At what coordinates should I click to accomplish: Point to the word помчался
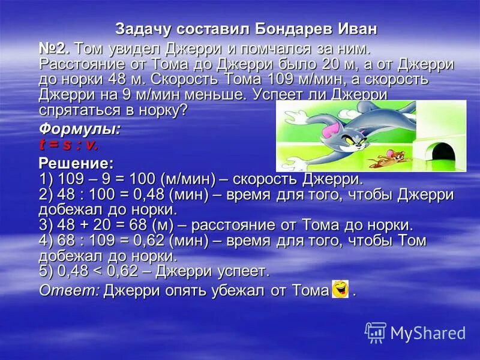pyautogui.click(x=248, y=48)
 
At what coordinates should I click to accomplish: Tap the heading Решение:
pyautogui.click(x=76, y=163)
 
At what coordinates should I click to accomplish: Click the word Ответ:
pyautogui.click(x=69, y=291)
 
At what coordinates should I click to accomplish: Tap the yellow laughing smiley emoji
pyautogui.click(x=340, y=289)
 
